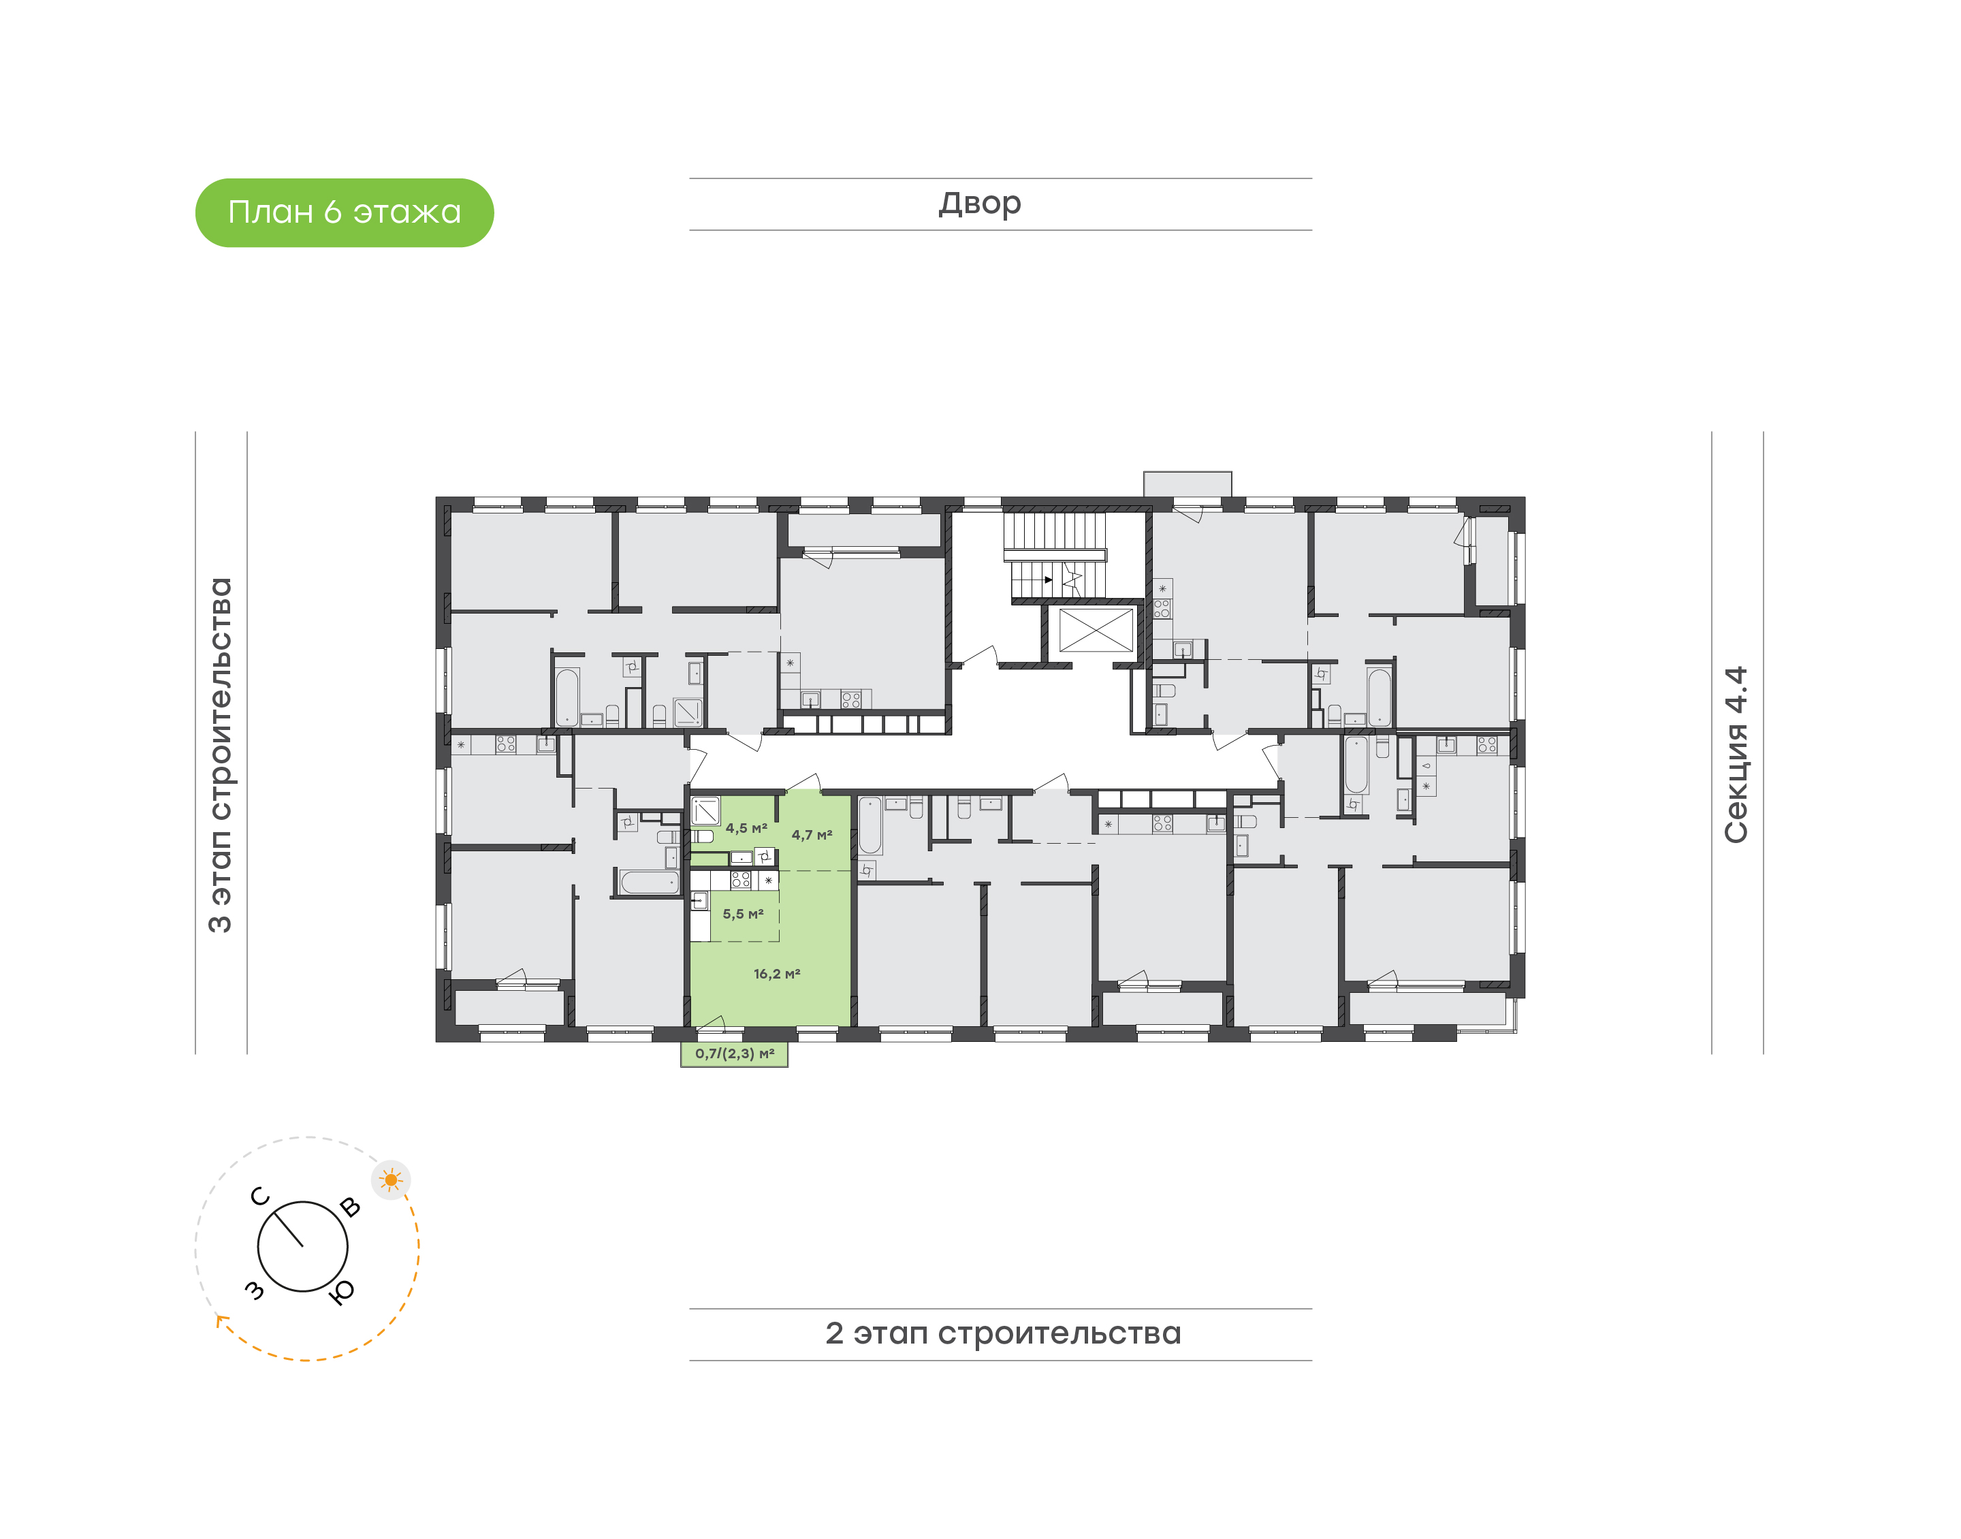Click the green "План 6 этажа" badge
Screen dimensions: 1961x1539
344,212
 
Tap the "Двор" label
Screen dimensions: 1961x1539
979,204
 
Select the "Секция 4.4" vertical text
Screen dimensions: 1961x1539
1735,755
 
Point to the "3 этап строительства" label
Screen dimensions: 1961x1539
220,755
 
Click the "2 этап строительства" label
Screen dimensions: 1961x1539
1002,1333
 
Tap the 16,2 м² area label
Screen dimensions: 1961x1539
776,973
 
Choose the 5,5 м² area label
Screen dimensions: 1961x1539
743,914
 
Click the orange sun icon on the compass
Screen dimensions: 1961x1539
391,1179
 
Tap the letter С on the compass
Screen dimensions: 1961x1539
260,1196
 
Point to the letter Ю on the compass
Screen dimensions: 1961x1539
342,1293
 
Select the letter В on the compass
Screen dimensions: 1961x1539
351,1207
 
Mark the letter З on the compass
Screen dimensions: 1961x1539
256,1290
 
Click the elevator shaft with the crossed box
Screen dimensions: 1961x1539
1096,630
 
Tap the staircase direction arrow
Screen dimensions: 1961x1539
1048,580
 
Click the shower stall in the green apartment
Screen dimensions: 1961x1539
705,811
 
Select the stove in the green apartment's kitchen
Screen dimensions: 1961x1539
740,879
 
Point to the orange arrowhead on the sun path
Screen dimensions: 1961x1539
221,1321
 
